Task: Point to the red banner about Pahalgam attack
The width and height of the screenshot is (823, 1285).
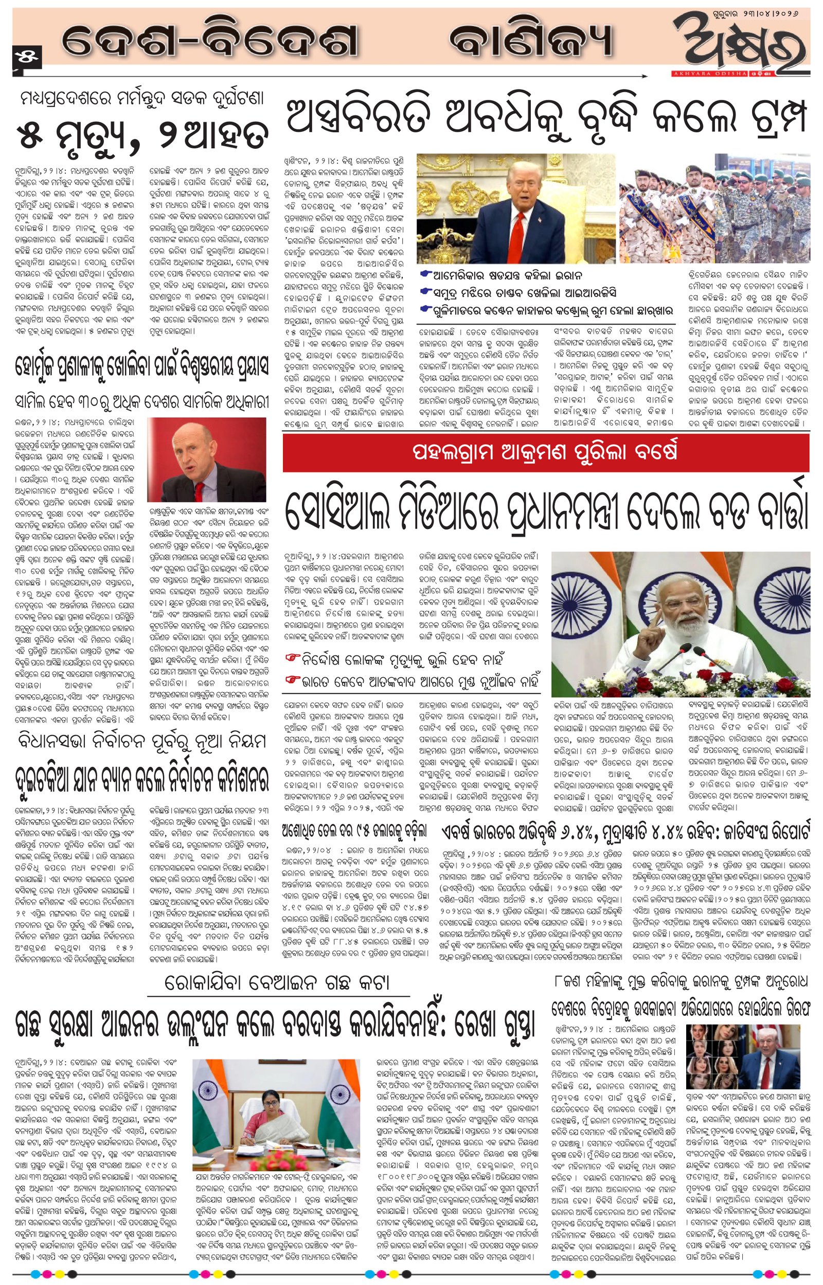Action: pos(545,452)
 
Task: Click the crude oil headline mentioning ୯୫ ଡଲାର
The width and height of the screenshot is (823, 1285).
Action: pos(354,830)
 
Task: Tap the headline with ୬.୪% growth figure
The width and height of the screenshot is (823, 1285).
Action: pos(625,831)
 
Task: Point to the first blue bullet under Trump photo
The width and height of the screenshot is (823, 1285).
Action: pos(425,274)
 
